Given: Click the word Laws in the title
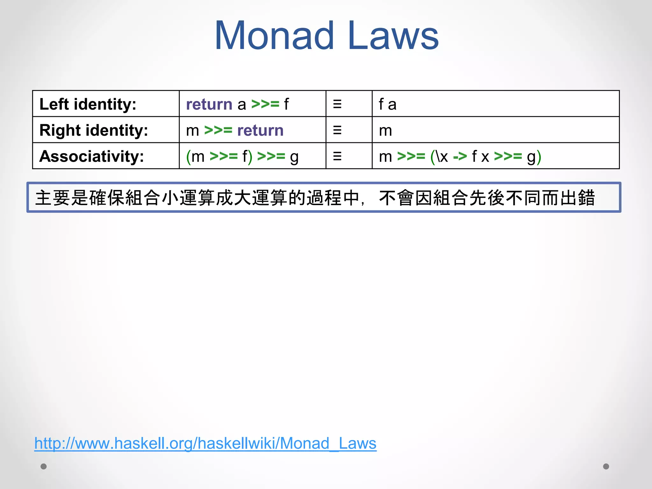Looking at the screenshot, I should click(x=393, y=36).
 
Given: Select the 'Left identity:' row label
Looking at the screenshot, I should click(x=88, y=104).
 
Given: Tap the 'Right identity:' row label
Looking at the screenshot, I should click(x=94, y=130).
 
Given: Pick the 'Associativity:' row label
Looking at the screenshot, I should click(x=92, y=156).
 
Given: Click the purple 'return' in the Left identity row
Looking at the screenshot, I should click(x=209, y=104).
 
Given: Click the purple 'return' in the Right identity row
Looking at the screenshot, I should click(x=260, y=131).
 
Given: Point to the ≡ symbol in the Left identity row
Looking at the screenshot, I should click(x=337, y=104).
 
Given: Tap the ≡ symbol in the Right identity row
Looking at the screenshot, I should click(x=337, y=130).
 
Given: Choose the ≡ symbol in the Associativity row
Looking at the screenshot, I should click(x=337, y=156).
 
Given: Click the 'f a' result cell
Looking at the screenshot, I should click(x=387, y=104).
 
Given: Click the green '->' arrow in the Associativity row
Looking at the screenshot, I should click(x=460, y=156).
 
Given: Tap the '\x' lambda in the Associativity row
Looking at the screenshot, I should click(x=442, y=156).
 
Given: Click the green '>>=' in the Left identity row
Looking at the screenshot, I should click(x=265, y=104).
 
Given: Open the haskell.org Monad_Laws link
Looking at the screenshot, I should click(x=205, y=443).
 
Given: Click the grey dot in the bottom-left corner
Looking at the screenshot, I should click(x=44, y=466).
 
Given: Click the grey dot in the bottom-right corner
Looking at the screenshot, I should click(x=606, y=466).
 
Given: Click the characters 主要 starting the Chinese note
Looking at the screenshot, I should click(x=52, y=198).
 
